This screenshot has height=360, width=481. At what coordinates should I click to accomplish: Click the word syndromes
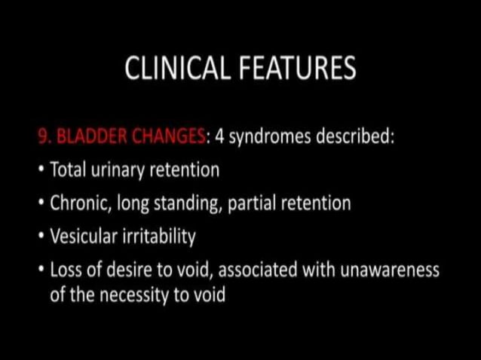click(266, 138)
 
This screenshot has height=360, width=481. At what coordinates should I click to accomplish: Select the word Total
click(67, 170)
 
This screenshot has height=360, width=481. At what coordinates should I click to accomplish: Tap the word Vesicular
click(82, 236)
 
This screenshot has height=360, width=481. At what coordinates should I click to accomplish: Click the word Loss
click(66, 270)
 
